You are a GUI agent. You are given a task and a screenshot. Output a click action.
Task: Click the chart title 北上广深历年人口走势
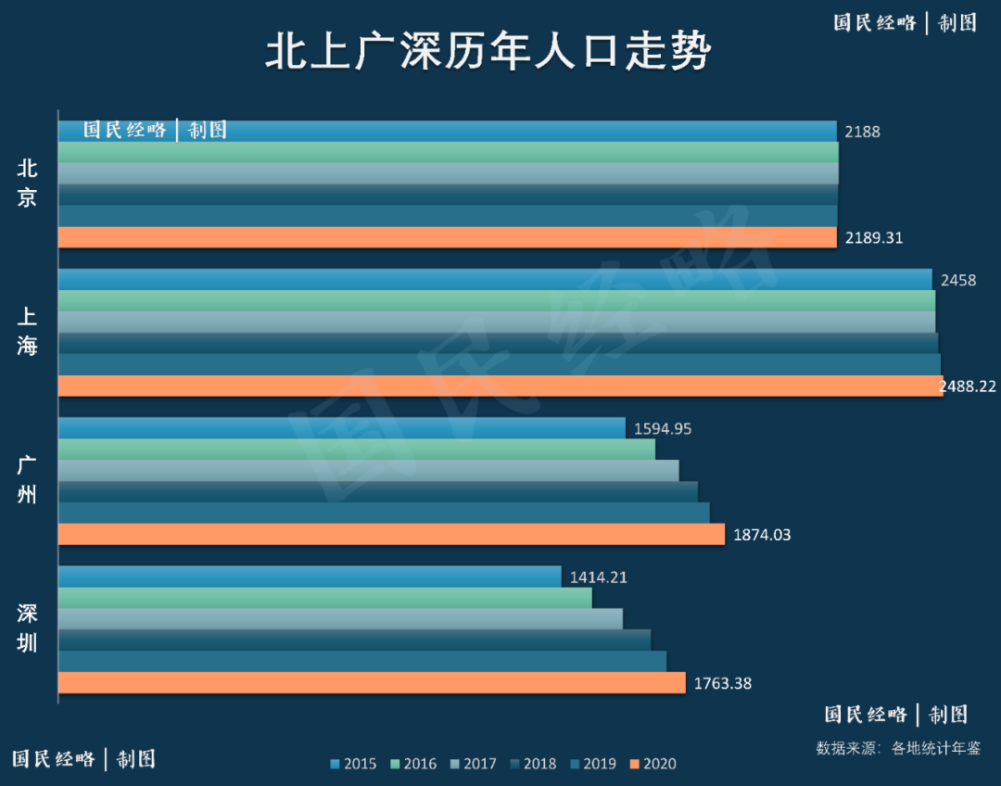tap(488, 53)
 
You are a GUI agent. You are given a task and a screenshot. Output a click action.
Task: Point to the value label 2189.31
tap(873, 238)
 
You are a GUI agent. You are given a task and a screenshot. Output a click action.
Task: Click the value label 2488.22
tap(968, 387)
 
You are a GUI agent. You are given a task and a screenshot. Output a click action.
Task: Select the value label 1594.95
tap(663, 429)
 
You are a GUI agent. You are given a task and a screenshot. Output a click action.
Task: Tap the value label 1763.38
tap(722, 684)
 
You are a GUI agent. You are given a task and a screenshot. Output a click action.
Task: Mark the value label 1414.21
tap(598, 577)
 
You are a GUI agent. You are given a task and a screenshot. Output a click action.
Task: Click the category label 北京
tap(28, 183)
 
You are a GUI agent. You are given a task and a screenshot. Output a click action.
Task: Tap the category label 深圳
tap(28, 628)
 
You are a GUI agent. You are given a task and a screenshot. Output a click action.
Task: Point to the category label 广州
tap(28, 480)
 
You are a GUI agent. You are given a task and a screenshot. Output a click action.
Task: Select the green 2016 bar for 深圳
tap(324, 598)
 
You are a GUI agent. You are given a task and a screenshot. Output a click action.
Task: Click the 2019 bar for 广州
tap(384, 513)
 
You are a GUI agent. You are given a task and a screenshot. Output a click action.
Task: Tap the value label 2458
tap(958, 280)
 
